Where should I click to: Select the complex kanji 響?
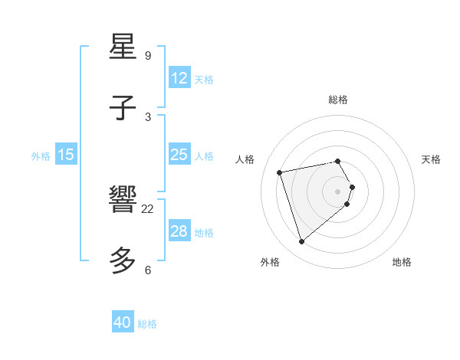[123, 200]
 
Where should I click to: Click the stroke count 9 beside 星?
[147, 55]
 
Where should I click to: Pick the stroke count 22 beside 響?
[148, 208]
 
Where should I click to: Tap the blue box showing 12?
[179, 78]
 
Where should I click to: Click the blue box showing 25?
[179, 155]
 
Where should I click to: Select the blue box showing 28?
[179, 231]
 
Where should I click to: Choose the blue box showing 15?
[66, 155]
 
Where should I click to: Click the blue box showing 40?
[123, 322]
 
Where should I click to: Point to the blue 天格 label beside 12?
[204, 80]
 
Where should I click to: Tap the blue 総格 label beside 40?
[147, 324]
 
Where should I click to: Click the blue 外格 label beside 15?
[41, 156]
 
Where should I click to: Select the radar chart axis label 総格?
[338, 100]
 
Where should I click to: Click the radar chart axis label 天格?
[431, 159]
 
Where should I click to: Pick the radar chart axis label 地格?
[402, 262]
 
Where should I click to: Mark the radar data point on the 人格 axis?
[280, 172]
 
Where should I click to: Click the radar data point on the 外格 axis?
[301, 242]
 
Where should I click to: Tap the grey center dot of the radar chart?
[338, 191]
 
